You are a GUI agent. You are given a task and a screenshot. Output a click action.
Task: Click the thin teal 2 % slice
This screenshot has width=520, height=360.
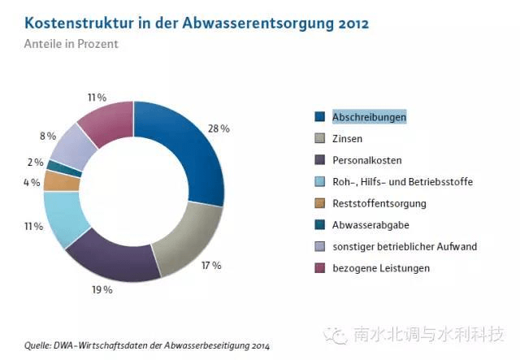(x=65, y=167)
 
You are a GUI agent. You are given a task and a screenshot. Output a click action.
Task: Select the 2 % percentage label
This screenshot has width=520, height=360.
(x=36, y=163)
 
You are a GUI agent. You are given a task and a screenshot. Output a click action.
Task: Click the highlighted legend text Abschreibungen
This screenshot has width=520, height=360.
(x=369, y=117)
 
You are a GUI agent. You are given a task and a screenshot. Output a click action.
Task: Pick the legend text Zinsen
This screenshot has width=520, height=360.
(x=348, y=139)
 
